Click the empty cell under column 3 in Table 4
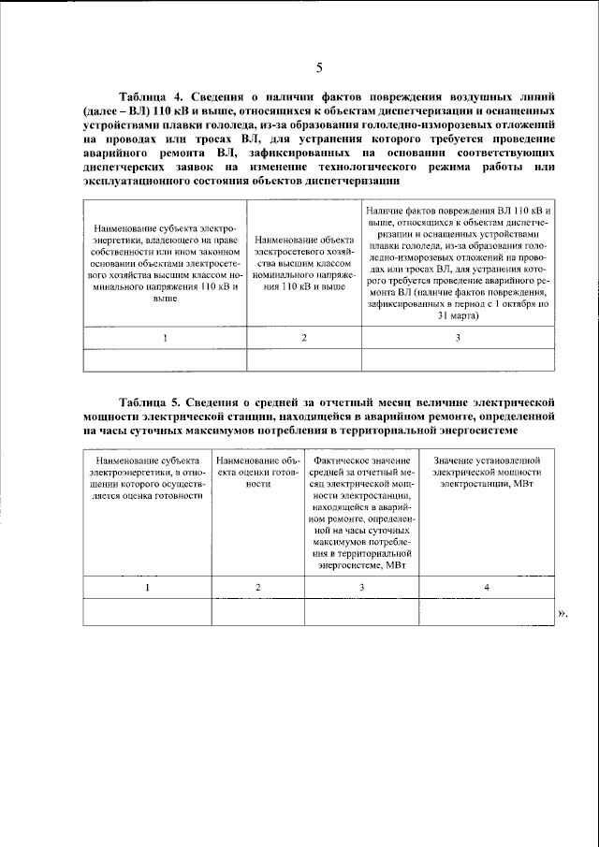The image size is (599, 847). [458, 359]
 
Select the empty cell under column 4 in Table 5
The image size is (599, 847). [486, 611]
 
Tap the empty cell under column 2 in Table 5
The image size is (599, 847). [257, 611]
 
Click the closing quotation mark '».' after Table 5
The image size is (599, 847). [563, 613]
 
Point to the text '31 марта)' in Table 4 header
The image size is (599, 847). [458, 316]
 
